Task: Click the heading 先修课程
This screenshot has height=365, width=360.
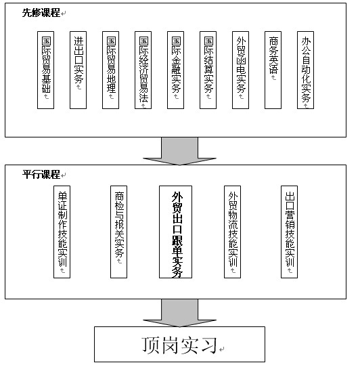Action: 41,13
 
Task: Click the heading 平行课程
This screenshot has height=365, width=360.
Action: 41,174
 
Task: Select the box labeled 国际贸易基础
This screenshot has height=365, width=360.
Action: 45,70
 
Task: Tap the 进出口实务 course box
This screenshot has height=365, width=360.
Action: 78,70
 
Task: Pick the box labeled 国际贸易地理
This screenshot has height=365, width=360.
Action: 111,70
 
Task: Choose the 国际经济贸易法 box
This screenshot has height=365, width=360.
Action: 143,70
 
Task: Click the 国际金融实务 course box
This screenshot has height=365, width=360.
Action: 175,70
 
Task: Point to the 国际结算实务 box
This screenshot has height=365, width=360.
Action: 208,70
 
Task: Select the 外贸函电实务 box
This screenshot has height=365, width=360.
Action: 240,70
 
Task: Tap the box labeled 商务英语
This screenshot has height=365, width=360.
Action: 273,70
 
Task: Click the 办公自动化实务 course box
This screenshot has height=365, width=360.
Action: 306,70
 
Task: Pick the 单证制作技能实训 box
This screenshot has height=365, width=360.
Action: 62,232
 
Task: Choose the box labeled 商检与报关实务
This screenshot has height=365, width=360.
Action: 118,232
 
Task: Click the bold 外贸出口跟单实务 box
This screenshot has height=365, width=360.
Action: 175,232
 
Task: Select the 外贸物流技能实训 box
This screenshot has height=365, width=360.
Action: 232,232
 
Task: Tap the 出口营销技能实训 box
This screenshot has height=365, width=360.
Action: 290,232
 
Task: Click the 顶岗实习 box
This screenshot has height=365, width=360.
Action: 179,344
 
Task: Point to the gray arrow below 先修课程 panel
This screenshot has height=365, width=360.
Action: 179,151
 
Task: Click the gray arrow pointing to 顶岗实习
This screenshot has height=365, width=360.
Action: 179,313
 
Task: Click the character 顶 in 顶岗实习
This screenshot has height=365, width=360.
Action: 151,345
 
